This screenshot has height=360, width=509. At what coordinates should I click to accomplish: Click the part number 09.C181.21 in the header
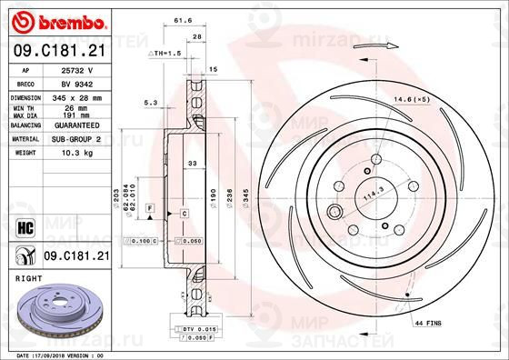pos(57,52)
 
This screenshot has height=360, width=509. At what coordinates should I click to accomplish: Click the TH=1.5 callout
pos(165,55)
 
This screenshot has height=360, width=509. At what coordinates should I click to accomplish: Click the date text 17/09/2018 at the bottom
pos(64,355)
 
